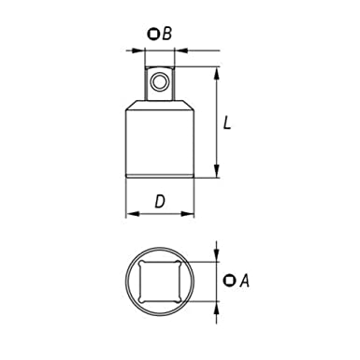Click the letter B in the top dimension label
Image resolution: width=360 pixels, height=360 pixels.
tap(166, 35)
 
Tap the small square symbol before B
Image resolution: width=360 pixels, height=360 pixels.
tap(153, 35)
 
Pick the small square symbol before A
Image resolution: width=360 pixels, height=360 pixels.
tap(230, 279)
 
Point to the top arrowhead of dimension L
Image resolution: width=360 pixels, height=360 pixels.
tap(218, 71)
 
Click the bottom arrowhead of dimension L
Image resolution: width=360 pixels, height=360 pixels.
tap(218, 174)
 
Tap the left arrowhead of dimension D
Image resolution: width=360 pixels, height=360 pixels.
tap(131, 213)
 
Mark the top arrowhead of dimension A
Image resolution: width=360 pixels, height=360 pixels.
tap(218, 252)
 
